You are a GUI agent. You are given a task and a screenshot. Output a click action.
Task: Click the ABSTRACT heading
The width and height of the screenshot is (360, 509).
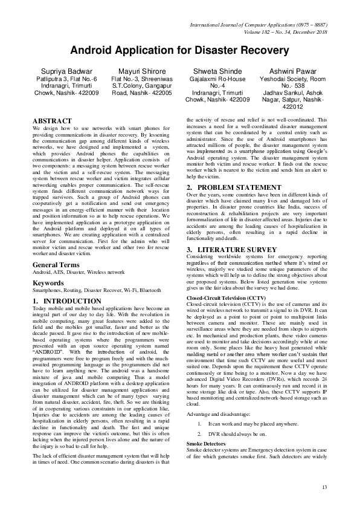tap(52, 122)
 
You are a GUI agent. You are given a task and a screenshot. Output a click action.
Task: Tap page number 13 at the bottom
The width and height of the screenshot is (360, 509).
tap(324, 488)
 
